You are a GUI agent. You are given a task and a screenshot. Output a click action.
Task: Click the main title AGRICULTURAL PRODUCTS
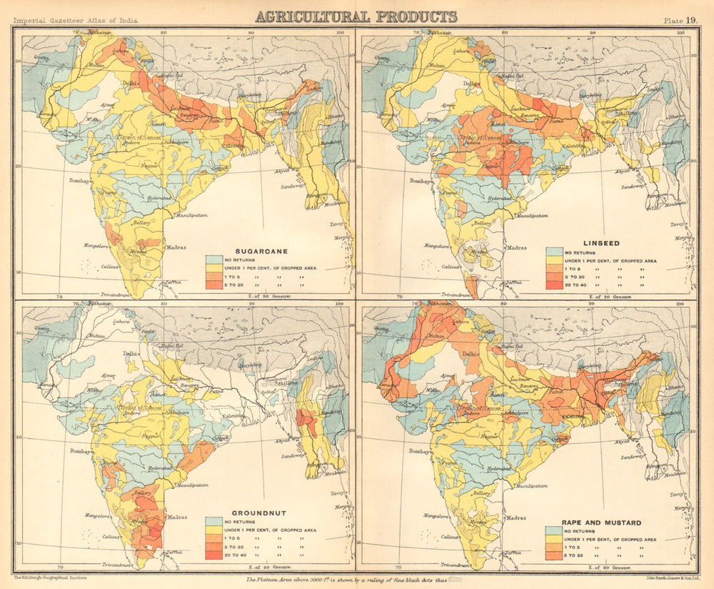[356, 16]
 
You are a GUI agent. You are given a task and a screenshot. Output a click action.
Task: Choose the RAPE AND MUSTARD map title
[592, 523]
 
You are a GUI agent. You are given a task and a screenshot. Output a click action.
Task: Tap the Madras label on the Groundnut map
[176, 517]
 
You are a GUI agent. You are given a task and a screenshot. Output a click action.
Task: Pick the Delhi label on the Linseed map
[472, 84]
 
